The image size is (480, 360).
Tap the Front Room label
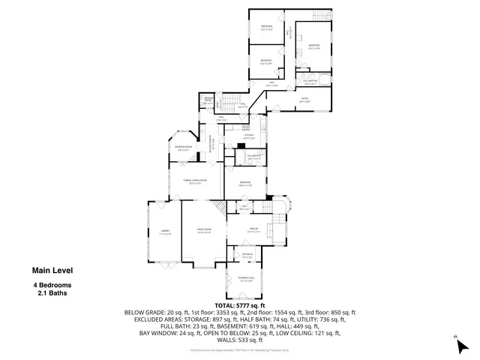(204, 232)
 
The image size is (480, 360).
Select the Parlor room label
(253, 232)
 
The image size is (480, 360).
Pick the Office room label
(305, 100)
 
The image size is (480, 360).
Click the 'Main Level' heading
(52, 271)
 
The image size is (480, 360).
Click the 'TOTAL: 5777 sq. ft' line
(240, 305)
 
